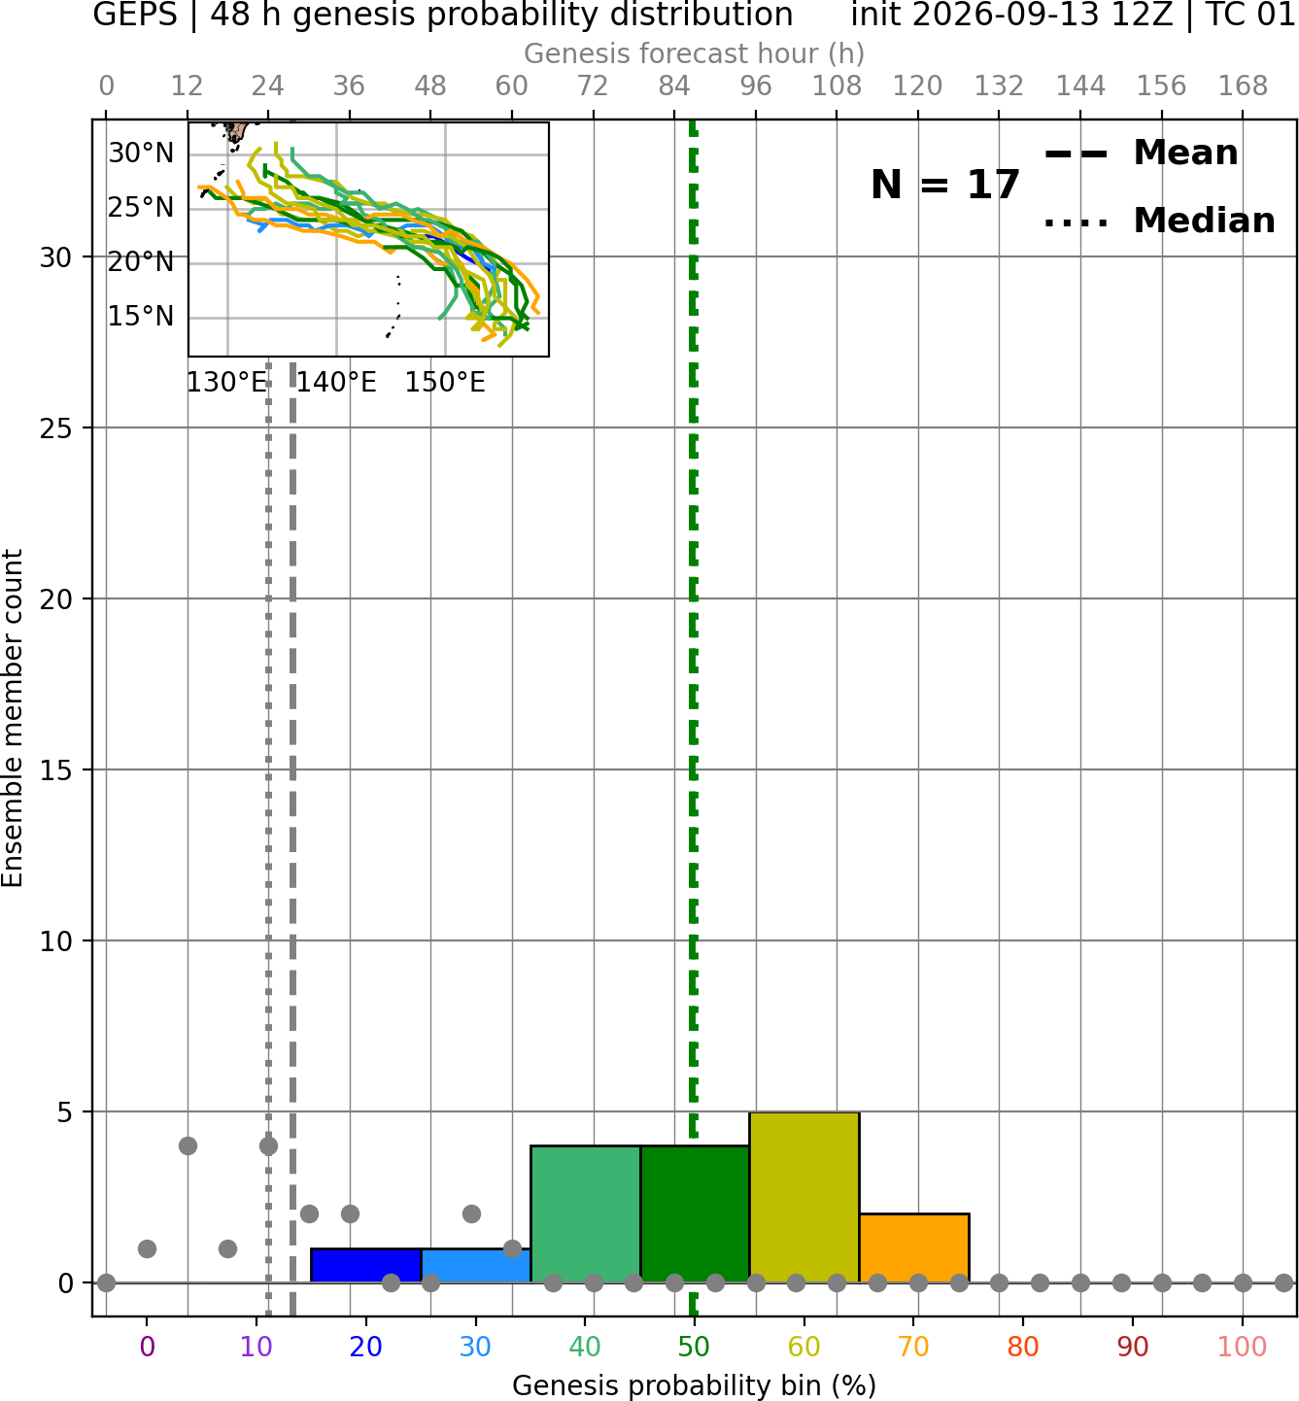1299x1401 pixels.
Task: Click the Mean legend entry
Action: click(1141, 153)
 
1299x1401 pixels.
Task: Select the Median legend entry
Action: click(1159, 221)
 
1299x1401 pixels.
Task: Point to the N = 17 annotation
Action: click(945, 185)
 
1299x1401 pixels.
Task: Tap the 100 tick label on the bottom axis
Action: click(1243, 1347)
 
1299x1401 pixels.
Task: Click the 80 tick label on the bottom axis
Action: click(1023, 1347)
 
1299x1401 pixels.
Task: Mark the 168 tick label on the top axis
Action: click(1243, 86)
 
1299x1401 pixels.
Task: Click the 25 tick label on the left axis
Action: click(55, 428)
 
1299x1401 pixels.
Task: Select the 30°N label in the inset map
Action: click(141, 154)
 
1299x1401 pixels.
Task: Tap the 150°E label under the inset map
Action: click(445, 383)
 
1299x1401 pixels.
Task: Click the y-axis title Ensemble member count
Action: click(12, 719)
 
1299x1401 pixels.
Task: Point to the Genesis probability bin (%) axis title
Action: click(695, 1385)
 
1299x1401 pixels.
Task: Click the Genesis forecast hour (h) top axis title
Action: click(695, 53)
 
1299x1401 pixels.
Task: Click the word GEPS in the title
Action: click(135, 15)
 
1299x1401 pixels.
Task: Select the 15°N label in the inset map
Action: click(141, 317)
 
